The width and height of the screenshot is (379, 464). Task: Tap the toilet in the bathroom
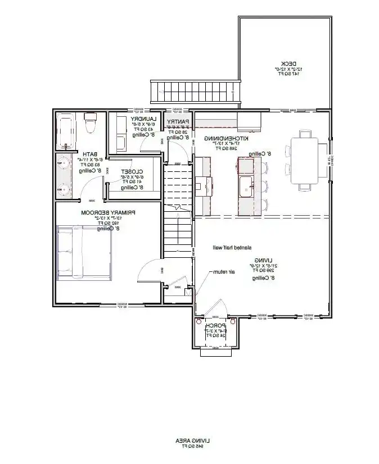(x=91, y=124)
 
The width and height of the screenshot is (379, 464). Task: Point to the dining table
(x=304, y=160)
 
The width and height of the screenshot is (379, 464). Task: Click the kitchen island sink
(x=246, y=185)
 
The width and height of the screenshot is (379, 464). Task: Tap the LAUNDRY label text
(x=143, y=120)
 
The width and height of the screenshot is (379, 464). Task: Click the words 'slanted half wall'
(x=232, y=247)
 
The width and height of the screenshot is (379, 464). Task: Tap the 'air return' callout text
(x=223, y=272)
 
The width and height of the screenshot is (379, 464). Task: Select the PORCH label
(x=215, y=325)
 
